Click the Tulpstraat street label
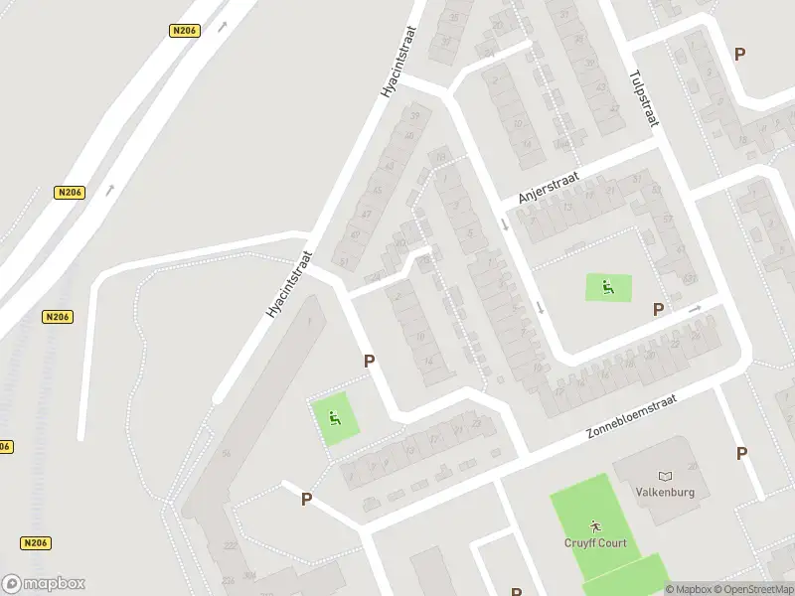coord(644,96)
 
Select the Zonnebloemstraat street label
coord(631,417)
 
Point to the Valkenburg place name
coord(665,492)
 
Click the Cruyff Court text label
coord(595,543)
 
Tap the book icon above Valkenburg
coord(665,476)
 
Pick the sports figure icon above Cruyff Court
coord(594,524)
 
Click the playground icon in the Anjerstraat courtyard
coord(607,288)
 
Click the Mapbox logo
coord(44,584)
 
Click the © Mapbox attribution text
coord(689,589)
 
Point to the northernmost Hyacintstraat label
coord(399,63)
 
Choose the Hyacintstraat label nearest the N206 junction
coord(289,284)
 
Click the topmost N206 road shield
coord(184,31)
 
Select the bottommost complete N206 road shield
coord(35,543)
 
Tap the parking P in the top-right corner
coord(739,54)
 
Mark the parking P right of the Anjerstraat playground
coord(658,309)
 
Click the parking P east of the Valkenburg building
coord(741,453)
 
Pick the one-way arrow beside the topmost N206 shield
coord(222,27)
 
